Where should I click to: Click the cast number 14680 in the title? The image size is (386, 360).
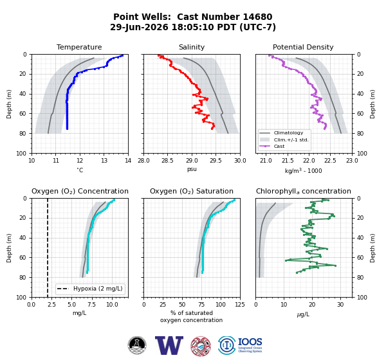[x=257, y=17]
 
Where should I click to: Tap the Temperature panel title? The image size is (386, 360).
[x=79, y=47]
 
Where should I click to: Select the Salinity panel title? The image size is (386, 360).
[x=192, y=47]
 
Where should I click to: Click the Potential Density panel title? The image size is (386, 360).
[x=303, y=47]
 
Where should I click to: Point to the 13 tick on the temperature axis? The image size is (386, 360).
[x=104, y=161]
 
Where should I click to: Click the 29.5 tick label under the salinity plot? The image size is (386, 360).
[x=216, y=161]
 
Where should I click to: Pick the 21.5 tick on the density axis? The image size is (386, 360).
[x=288, y=161]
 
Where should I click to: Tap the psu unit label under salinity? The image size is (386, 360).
[x=192, y=170]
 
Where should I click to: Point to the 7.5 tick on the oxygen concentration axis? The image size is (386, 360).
[x=92, y=305]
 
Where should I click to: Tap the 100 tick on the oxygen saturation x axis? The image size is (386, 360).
[x=221, y=305]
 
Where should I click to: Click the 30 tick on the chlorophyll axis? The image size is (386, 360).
[x=340, y=305]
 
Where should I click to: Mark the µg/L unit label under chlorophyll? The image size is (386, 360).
[x=303, y=314]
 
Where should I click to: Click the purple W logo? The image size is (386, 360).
[x=169, y=345]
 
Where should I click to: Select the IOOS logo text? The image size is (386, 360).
[x=250, y=342]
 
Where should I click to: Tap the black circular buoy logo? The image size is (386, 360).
[x=137, y=345]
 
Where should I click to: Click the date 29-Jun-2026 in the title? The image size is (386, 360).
[x=139, y=27]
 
